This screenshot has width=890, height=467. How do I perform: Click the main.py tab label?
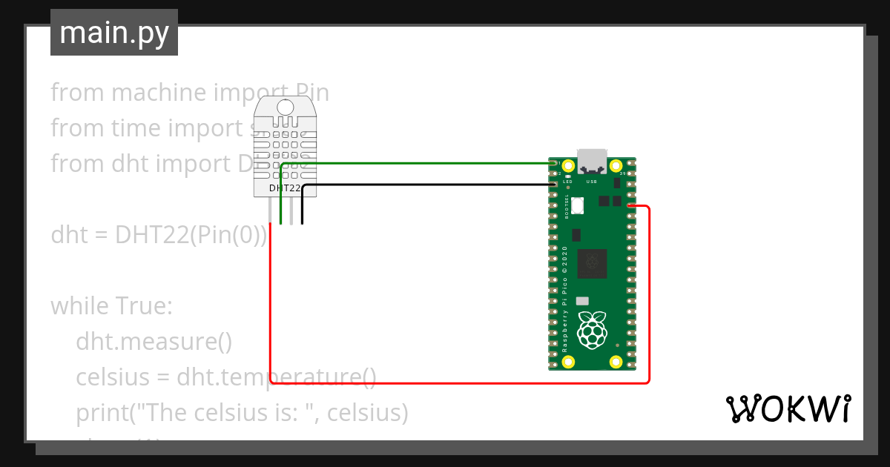tap(114, 33)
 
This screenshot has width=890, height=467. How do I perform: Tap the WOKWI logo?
tap(788, 409)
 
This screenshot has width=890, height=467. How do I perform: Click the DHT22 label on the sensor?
tap(285, 188)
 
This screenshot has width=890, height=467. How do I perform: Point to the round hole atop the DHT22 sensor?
tap(286, 108)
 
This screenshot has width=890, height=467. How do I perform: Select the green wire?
tap(415, 162)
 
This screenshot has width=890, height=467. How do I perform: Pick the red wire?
tap(460, 382)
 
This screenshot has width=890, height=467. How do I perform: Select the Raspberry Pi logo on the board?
tap(591, 331)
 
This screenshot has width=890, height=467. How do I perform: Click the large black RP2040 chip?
tap(593, 261)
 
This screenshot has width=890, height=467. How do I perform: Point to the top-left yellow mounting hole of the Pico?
tap(569, 166)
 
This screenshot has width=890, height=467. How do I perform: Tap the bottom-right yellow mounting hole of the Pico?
tap(616, 362)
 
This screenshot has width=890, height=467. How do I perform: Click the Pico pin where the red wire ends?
tap(630, 206)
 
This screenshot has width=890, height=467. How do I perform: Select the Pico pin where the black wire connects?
tap(553, 185)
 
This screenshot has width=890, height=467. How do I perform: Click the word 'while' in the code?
tap(79, 305)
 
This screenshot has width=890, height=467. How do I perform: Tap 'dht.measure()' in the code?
tap(154, 341)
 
